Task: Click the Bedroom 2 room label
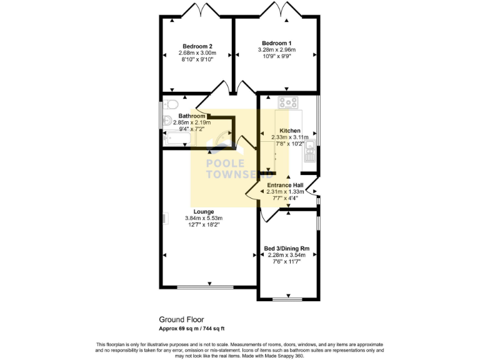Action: tap(197, 46)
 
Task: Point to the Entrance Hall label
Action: tap(285, 186)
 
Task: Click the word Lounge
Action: tap(203, 212)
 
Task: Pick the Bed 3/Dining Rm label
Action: tap(288, 248)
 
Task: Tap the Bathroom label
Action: tap(192, 116)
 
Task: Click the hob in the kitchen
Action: tap(289, 102)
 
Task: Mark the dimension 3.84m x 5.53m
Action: tap(203, 218)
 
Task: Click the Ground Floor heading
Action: tap(181, 319)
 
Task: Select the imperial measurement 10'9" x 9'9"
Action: tap(276, 56)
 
